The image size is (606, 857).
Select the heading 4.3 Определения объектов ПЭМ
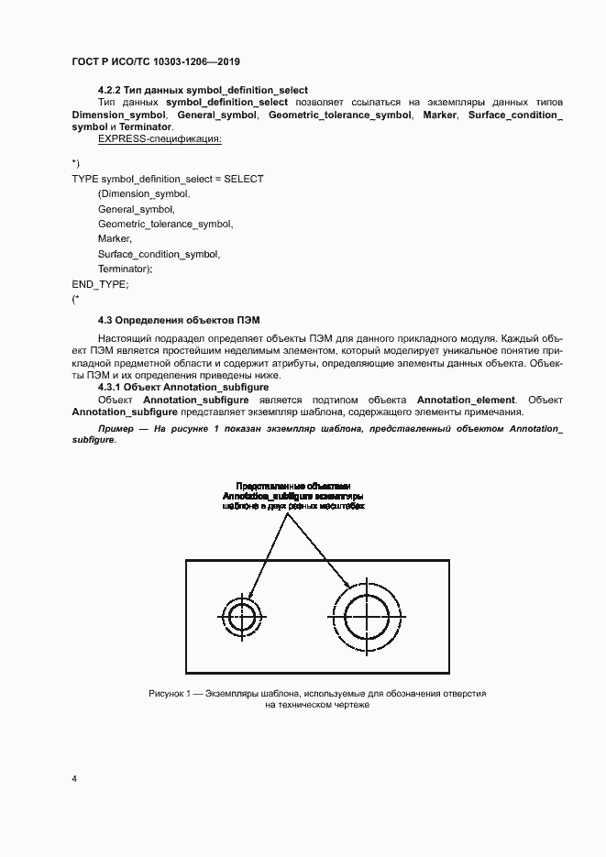[x=179, y=320]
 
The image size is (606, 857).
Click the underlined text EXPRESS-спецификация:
[x=160, y=139]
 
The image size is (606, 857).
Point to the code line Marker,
[x=115, y=238]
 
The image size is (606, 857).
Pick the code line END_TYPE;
[x=100, y=283]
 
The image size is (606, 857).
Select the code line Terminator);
[x=125, y=269]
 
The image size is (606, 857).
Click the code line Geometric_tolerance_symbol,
[x=165, y=224]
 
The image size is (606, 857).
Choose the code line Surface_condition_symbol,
[x=159, y=254]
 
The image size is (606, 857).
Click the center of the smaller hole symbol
[x=242, y=615]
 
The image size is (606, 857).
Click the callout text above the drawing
[x=293, y=495]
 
